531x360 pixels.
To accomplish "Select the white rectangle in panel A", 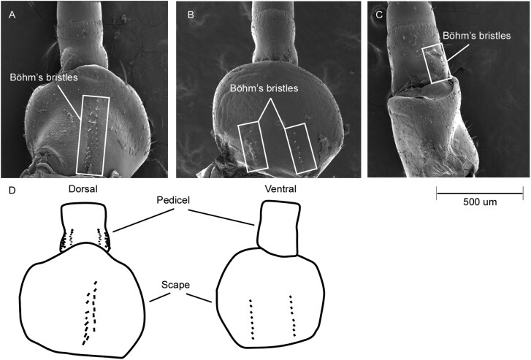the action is [x=96, y=134].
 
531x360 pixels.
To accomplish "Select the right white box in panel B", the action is [x=299, y=148].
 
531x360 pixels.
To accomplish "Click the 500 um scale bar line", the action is [x=479, y=193].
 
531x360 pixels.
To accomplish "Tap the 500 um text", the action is [x=480, y=202].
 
